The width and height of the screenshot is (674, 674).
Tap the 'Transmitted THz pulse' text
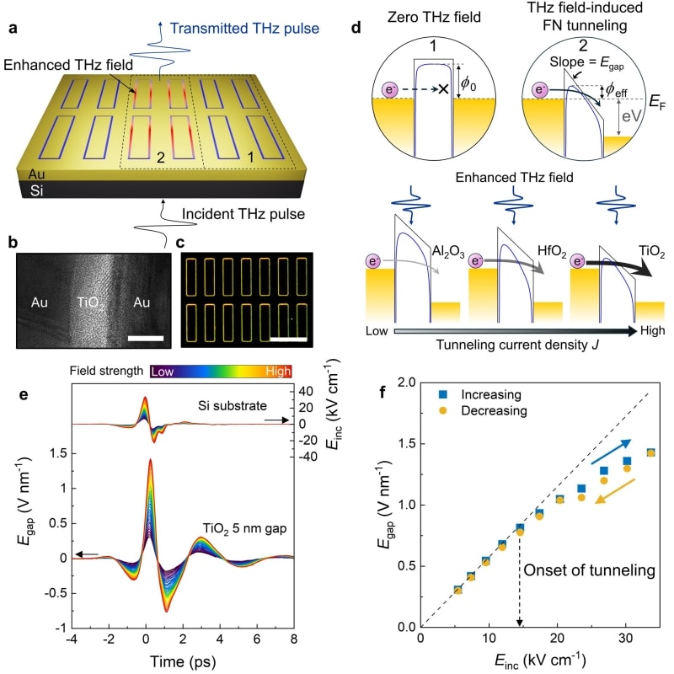click(251, 28)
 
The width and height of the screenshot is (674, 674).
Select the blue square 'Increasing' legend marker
click(440, 393)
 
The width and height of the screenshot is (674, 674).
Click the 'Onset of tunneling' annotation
click(586, 571)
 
